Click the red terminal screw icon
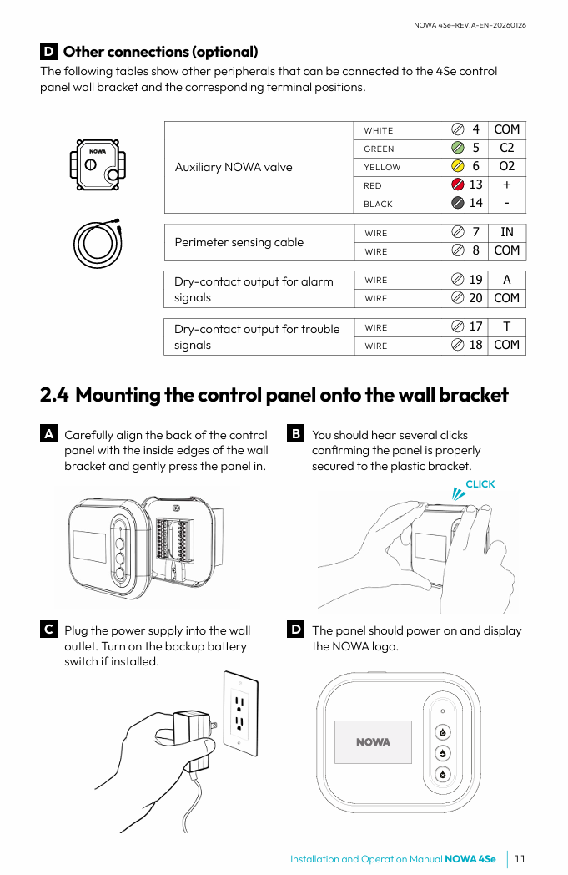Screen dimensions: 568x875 click(x=458, y=185)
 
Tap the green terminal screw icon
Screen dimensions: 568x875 click(x=458, y=148)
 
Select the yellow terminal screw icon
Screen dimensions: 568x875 click(x=458, y=166)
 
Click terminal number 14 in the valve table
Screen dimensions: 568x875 click(x=475, y=203)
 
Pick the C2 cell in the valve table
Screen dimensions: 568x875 click(x=506, y=148)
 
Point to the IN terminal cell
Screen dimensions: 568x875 click(x=506, y=232)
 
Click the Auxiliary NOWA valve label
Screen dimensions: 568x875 click(x=234, y=168)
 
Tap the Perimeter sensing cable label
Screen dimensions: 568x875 click(x=239, y=242)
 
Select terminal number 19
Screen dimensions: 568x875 click(x=475, y=280)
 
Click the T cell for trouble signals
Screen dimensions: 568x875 click(x=506, y=326)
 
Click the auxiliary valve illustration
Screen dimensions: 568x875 click(x=98, y=165)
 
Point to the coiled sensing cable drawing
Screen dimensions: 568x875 click(x=98, y=243)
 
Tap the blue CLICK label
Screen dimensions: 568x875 click(x=480, y=483)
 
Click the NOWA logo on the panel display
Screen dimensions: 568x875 click(x=373, y=742)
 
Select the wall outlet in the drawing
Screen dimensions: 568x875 click(x=241, y=714)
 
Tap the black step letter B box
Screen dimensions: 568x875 click(x=295, y=433)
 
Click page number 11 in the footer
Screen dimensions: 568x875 click(x=520, y=859)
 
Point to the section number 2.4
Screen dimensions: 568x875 click(x=54, y=395)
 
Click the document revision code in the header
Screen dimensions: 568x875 click(x=470, y=25)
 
